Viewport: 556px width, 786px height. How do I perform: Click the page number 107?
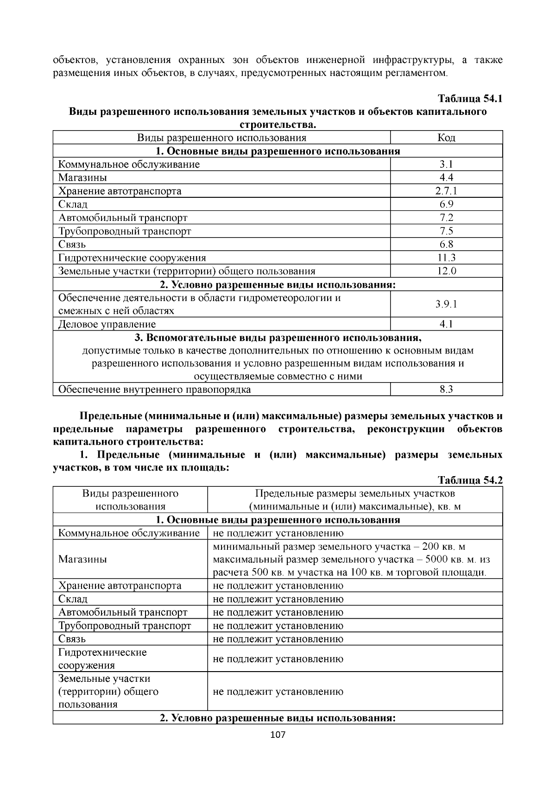point(278,735)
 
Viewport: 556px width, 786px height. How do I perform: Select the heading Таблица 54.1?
point(470,99)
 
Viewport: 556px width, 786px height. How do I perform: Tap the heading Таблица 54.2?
point(470,480)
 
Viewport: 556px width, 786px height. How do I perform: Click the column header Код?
point(446,138)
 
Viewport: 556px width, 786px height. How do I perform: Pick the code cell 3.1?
point(446,164)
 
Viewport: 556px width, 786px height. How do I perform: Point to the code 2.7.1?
point(446,191)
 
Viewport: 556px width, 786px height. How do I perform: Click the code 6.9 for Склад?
point(446,204)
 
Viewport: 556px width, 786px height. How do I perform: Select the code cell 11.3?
point(446,258)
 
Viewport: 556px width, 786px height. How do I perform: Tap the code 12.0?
point(446,271)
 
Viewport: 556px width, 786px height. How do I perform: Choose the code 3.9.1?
point(446,304)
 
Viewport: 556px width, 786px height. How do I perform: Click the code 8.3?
point(446,390)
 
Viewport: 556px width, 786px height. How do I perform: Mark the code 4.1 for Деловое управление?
point(446,324)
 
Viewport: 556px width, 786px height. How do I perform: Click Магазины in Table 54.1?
point(82,178)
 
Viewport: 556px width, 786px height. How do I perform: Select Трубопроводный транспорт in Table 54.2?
point(125,626)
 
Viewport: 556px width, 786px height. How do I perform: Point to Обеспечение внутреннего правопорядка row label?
point(154,390)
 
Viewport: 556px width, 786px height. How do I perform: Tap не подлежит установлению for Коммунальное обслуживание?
point(278,533)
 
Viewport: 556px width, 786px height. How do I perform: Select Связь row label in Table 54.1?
point(72,245)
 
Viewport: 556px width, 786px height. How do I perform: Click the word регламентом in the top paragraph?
point(419,73)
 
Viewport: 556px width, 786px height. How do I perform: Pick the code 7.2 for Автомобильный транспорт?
point(446,218)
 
